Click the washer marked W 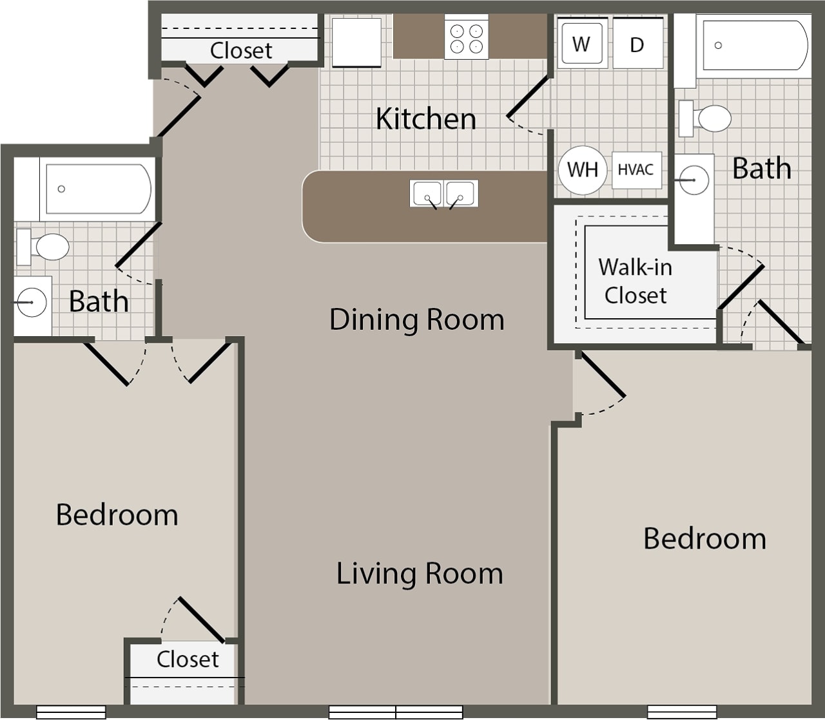coord(581,44)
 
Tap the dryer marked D coord(637,44)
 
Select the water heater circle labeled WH coord(582,170)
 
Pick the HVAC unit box coord(636,170)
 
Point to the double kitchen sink coord(443,194)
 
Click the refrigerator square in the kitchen coord(356,42)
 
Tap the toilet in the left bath coord(45,247)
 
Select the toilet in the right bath coord(707,118)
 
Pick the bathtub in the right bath coord(754,45)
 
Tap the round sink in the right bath coord(694,180)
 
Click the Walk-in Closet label coord(636,281)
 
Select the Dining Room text coord(416,319)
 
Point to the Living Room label coord(420,573)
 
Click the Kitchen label coord(425,118)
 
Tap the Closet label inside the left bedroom coord(188,659)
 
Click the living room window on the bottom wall coord(396,712)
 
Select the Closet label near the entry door coord(241,50)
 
